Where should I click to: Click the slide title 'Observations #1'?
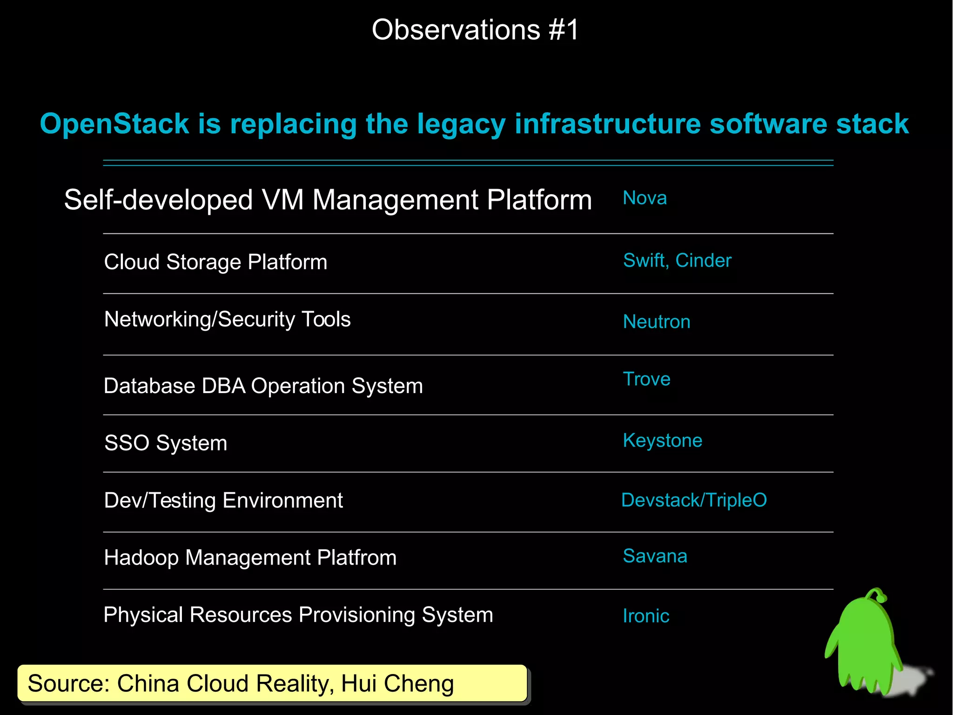click(475, 30)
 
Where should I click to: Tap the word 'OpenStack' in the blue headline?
click(114, 124)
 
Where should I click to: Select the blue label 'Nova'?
click(644, 198)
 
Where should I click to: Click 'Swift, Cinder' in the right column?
click(677, 261)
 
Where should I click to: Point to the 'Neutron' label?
click(657, 322)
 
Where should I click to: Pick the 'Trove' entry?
click(646, 379)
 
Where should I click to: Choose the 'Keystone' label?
click(662, 441)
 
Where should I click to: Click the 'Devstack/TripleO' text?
click(694, 500)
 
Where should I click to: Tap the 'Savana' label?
click(655, 556)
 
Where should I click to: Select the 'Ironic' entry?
click(646, 616)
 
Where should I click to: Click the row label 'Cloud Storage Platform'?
click(215, 262)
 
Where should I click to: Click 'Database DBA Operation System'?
click(263, 386)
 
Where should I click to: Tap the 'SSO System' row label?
click(166, 443)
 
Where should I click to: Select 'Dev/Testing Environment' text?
click(223, 501)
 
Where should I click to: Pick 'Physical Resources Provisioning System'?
click(298, 615)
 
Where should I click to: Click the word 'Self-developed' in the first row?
click(158, 200)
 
